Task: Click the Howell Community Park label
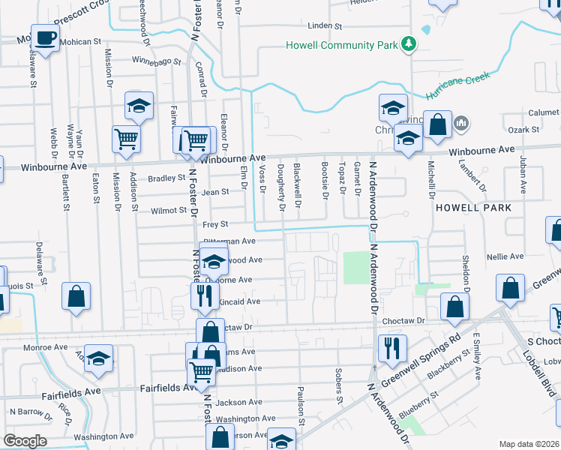[341, 45]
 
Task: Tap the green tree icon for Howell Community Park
[408, 44]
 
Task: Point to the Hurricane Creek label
[458, 85]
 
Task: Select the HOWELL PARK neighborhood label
[473, 207]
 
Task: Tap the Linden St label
[325, 25]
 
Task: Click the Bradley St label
[166, 178]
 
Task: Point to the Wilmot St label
[166, 211]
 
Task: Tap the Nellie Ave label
[505, 256]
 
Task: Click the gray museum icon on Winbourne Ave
[460, 122]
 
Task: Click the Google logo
[25, 440]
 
